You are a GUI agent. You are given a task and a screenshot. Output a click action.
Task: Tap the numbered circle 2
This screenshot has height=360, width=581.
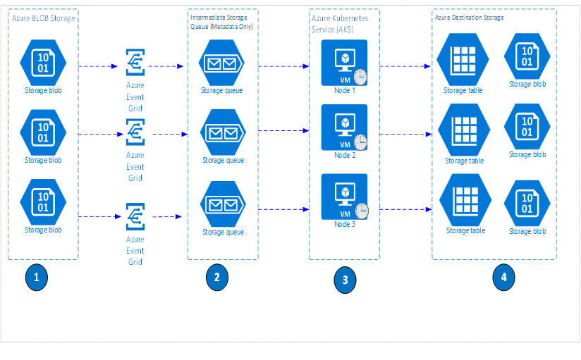(x=216, y=278)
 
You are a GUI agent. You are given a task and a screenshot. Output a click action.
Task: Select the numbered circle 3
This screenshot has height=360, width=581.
(x=345, y=280)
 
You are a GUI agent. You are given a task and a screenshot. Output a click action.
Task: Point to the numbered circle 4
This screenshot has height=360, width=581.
(x=503, y=277)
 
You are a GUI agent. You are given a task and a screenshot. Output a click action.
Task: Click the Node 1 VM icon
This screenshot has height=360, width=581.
(x=343, y=62)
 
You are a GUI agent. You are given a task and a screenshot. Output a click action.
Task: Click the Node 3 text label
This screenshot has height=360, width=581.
(x=345, y=223)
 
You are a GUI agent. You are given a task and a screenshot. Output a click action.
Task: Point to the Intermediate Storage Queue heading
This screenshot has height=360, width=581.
(x=222, y=20)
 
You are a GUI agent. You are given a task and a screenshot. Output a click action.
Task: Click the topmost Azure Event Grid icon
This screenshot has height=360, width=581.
(x=135, y=63)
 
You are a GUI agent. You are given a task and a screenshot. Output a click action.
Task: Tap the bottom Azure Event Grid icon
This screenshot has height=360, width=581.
(x=135, y=216)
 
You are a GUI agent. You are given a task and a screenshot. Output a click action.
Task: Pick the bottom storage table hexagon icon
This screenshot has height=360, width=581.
(x=465, y=202)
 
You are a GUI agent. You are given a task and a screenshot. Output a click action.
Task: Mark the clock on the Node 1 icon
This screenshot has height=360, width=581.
(x=360, y=77)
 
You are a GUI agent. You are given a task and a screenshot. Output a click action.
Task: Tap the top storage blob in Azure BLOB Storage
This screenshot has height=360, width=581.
(x=43, y=62)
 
